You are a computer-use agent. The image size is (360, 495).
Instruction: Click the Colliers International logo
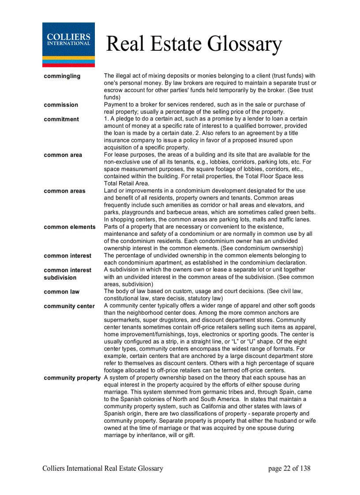coord(68,45)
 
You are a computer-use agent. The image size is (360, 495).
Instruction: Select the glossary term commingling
coord(62,76)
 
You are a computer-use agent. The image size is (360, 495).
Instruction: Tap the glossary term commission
coord(61,105)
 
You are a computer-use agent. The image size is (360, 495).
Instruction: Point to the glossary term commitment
coord(61,119)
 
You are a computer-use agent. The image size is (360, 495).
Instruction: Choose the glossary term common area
coord(63,155)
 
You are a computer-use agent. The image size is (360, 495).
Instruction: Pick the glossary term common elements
coord(69,227)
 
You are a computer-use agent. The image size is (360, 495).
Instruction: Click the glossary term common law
coord(62,292)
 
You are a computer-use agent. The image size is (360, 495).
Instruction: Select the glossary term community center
coord(69,306)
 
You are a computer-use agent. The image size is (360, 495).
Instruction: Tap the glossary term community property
coord(72,378)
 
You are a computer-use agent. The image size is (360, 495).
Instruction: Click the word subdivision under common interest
coord(60,278)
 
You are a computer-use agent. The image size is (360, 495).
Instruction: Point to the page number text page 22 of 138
coord(289,468)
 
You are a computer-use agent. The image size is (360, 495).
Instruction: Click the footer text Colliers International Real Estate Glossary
coord(103,468)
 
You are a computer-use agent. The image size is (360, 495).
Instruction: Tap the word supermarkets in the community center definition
coord(123,320)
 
